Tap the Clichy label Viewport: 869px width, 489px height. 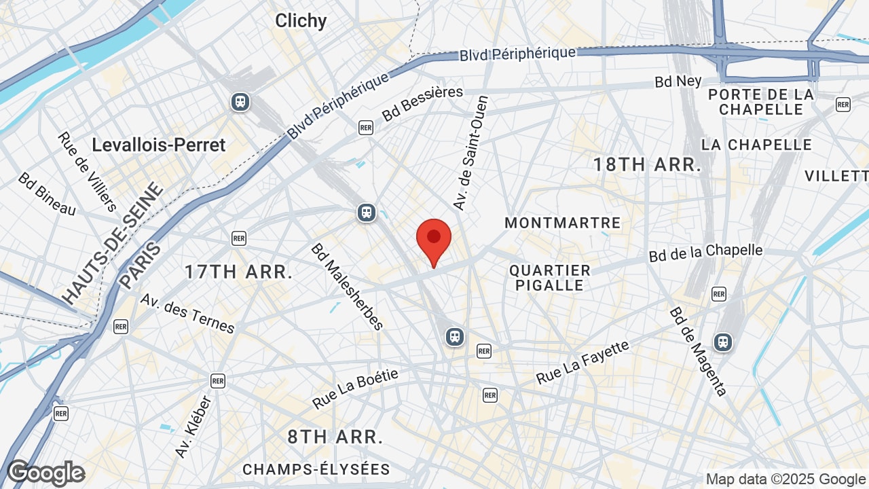[x=301, y=20]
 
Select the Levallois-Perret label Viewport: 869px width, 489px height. [x=159, y=145]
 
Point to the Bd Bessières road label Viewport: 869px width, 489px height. [x=422, y=103]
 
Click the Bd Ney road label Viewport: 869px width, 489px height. [x=678, y=81]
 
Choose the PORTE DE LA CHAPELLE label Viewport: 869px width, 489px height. [x=761, y=101]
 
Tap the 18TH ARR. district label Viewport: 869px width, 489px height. [x=647, y=164]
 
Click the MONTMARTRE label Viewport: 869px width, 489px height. [x=563, y=223]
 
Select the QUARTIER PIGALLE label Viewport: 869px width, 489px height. [x=550, y=278]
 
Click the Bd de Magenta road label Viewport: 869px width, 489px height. [x=699, y=351]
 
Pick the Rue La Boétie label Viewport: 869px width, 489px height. [x=356, y=388]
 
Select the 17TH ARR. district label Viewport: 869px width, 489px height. [x=239, y=272]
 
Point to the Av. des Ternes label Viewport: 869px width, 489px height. [x=187, y=313]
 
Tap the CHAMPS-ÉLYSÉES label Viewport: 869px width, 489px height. [x=316, y=469]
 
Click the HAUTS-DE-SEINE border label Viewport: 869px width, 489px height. [x=113, y=243]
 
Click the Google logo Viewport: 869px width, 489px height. [x=46, y=473]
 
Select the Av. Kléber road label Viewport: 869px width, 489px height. [x=193, y=427]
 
